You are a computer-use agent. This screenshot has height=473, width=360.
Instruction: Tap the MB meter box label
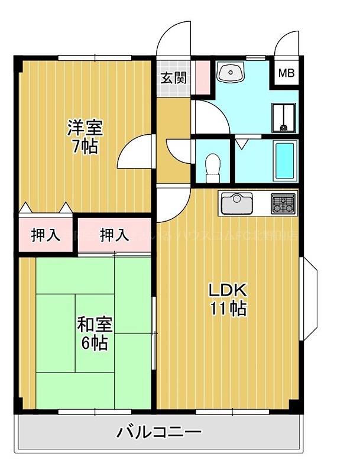click(286, 74)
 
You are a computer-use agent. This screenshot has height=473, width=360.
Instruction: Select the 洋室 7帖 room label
click(86, 137)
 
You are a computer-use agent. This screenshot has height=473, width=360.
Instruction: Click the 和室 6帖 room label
click(95, 333)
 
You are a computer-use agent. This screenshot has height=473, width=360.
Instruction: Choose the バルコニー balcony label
click(158, 432)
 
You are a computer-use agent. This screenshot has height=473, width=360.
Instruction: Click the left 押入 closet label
click(46, 235)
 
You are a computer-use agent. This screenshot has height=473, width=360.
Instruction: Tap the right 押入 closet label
click(114, 235)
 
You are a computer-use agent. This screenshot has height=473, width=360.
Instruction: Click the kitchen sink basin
click(236, 204)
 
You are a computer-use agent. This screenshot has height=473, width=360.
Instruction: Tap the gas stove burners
click(283, 204)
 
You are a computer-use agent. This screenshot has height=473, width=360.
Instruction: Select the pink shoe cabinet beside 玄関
click(202, 76)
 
